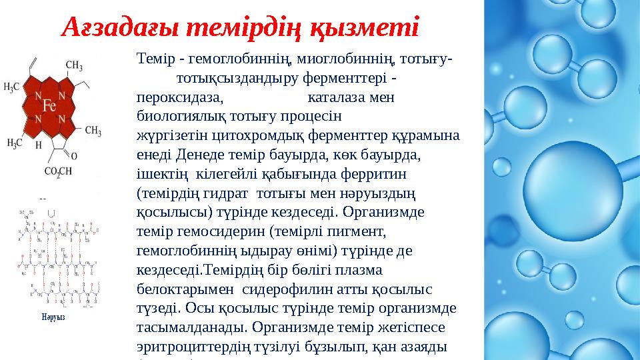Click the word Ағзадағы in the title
coord(117,27)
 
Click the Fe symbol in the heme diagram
coord(48,105)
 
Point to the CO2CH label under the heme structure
coord(59,172)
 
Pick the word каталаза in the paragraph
coord(334,97)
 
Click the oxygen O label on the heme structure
coord(75,155)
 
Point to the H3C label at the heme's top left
coord(13,86)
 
